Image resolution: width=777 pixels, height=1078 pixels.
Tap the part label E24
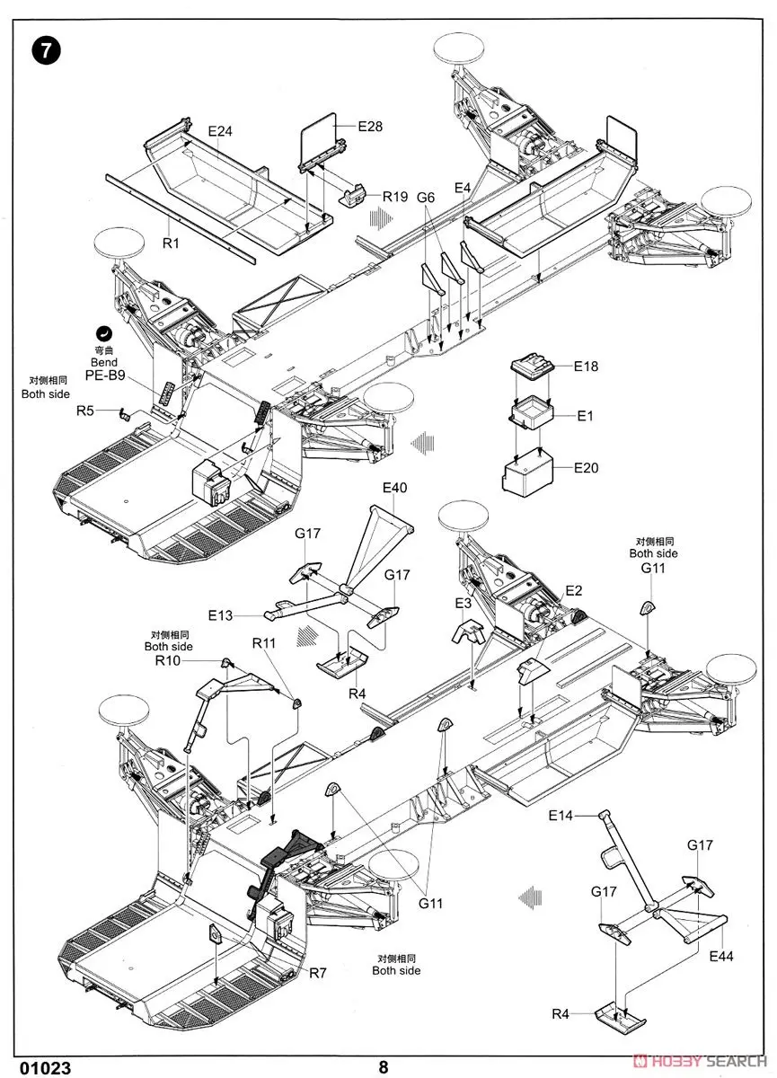(x=220, y=131)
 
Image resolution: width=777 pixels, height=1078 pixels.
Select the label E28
(x=370, y=127)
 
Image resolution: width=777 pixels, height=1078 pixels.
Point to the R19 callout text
(x=395, y=196)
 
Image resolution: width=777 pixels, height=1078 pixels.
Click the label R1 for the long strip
(x=171, y=243)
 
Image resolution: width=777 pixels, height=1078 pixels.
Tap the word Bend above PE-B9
(x=103, y=362)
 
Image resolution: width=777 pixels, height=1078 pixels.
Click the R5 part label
(x=84, y=411)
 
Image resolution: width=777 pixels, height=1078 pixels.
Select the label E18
(x=586, y=367)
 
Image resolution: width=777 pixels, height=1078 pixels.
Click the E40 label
(x=394, y=488)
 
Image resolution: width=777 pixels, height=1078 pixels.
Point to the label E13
(x=220, y=615)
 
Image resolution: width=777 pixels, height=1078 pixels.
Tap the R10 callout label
(x=167, y=660)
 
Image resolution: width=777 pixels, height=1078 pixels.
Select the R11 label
(x=264, y=643)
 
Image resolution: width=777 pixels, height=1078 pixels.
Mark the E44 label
(x=720, y=956)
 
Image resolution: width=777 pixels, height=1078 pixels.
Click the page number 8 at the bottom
(x=384, y=1067)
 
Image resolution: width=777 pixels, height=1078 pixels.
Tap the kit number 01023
(x=38, y=1067)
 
